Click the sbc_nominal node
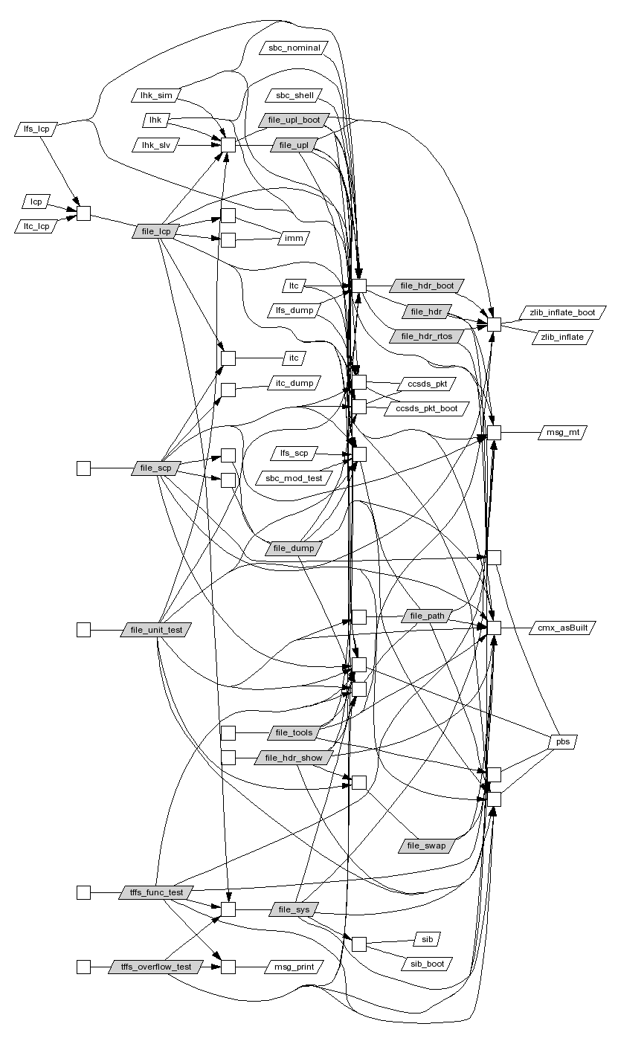tap(294, 48)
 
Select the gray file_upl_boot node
tap(294, 120)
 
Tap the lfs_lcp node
tap(36, 129)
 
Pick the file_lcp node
tap(155, 232)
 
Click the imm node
tap(294, 238)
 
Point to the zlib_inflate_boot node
tap(562, 312)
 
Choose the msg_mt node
tap(562, 432)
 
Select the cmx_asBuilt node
tap(562, 628)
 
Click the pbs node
tap(562, 741)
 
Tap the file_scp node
tap(155, 468)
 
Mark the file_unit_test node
tap(155, 630)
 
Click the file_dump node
tap(294, 548)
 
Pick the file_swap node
tap(426, 845)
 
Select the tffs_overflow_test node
tap(155, 967)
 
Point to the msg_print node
tap(294, 967)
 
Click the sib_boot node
tap(427, 964)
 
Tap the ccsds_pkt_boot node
tap(426, 408)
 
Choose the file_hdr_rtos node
tap(426, 336)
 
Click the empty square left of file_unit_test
tap(83, 630)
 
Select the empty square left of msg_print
tap(228, 967)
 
